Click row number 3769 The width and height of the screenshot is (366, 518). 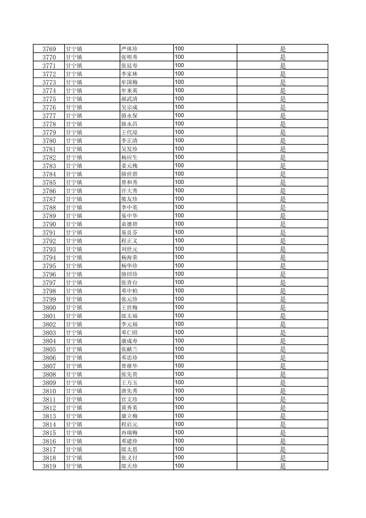(49, 49)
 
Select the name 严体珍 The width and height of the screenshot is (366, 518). (129, 49)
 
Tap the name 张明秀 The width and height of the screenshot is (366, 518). (129, 57)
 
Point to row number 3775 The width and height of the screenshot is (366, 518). (49, 99)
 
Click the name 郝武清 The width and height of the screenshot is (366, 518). (129, 99)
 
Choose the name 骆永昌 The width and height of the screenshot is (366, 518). (129, 124)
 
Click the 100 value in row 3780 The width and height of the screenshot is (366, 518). (179, 140)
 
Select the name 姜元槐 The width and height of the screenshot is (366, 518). (129, 166)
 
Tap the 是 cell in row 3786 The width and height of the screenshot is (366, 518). (283, 191)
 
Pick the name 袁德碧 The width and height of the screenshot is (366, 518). (129, 224)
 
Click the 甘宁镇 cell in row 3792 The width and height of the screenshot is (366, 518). (74, 241)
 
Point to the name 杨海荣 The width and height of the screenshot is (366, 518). (129, 258)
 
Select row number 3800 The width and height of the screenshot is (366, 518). (49, 308)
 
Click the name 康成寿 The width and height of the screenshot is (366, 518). (129, 341)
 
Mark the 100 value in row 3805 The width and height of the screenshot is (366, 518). (179, 349)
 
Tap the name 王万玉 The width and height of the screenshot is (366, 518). (129, 383)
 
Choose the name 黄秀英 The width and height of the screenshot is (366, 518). (129, 408)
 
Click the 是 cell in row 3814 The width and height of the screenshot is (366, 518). (283, 424)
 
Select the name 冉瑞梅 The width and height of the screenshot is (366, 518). (129, 433)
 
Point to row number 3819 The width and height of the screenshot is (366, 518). (49, 466)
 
